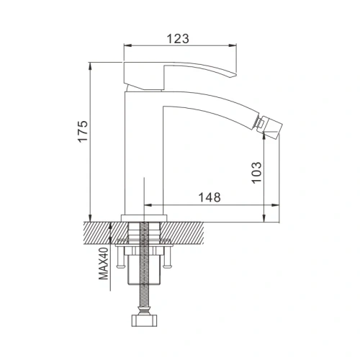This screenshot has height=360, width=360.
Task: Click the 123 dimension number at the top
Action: (x=180, y=40)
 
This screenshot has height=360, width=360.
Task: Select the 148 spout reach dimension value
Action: (x=210, y=197)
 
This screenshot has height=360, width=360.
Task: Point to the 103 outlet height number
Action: (x=258, y=173)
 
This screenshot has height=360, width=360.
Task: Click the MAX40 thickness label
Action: (x=103, y=263)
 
